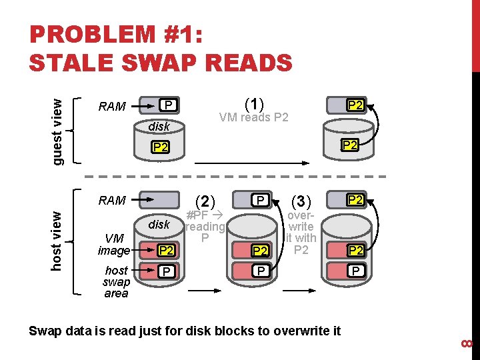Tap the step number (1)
pyautogui.click(x=254, y=104)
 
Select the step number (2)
pyautogui.click(x=205, y=201)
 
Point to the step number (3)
pyautogui.click(x=301, y=201)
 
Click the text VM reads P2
pyautogui.click(x=254, y=118)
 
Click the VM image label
pyautogui.click(x=113, y=245)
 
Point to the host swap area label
pyautogui.click(x=116, y=281)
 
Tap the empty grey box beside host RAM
pyautogui.click(x=161, y=199)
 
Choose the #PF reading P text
pyautogui.click(x=205, y=227)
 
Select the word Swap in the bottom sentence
pyautogui.click(x=43, y=330)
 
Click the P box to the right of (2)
pyautogui.click(x=261, y=200)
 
